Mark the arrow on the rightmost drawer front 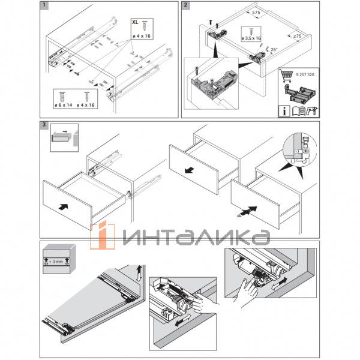pyautogui.click(x=252, y=210)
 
